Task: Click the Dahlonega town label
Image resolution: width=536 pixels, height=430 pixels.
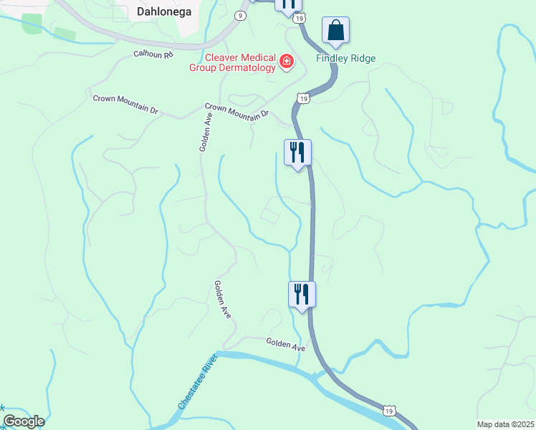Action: pyautogui.click(x=162, y=11)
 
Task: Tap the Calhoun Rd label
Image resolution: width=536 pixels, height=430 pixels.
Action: pyautogui.click(x=153, y=54)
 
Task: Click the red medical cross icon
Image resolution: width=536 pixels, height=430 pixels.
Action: pyautogui.click(x=287, y=63)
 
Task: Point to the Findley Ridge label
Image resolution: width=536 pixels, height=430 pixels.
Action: pyautogui.click(x=346, y=59)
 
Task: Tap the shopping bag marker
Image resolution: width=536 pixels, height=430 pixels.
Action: pyautogui.click(x=335, y=31)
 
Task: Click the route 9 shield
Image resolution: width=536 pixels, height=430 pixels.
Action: pyautogui.click(x=241, y=15)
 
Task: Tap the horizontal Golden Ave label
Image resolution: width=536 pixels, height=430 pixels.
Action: pyautogui.click(x=286, y=345)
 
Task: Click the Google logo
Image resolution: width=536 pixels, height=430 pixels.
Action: pyautogui.click(x=23, y=421)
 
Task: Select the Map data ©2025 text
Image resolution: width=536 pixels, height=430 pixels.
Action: pyautogui.click(x=505, y=424)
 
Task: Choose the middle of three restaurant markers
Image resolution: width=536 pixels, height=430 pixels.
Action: pyautogui.click(x=297, y=152)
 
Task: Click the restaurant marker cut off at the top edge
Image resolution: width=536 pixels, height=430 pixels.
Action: pyautogui.click(x=288, y=4)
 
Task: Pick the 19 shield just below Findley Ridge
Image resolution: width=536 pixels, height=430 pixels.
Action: pyautogui.click(x=304, y=98)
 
